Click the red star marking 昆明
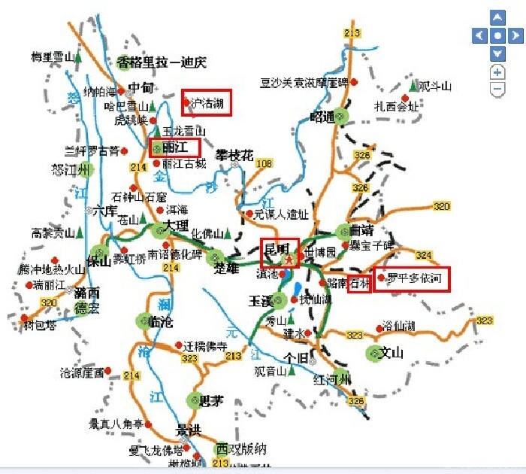pos(289,259)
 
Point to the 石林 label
pos(361,283)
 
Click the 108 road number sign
pos(264,163)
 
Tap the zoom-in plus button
pos(497,72)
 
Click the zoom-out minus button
pos(497,90)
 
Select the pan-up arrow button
pos(497,17)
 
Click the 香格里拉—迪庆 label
pos(161,62)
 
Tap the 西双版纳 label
pos(241,449)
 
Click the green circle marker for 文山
pos(374,352)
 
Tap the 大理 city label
pos(178,226)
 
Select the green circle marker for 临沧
pos(144,321)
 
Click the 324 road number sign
pos(425,255)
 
